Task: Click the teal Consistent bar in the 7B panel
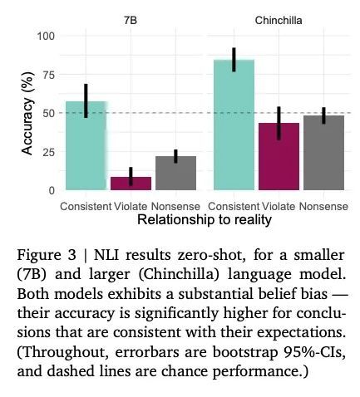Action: tap(86, 145)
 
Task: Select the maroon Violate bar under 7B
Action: tap(131, 184)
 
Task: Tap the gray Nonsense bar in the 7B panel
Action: tap(175, 173)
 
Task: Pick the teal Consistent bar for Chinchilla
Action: tap(234, 125)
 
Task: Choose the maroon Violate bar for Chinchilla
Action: tap(279, 156)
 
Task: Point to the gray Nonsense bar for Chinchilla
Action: tap(323, 153)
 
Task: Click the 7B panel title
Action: tap(131, 21)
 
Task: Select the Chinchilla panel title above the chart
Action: tap(279, 21)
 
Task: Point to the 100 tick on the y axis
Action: tap(46, 36)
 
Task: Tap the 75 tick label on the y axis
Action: tap(49, 75)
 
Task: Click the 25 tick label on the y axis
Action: tap(49, 152)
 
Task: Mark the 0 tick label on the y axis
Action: tap(52, 190)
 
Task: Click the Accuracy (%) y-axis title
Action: tap(27, 113)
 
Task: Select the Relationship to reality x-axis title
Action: tap(205, 220)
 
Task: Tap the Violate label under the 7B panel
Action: tap(131, 207)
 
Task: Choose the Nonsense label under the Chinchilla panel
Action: tap(323, 207)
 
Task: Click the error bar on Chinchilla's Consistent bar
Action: tap(234, 60)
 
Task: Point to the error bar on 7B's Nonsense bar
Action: tap(175, 156)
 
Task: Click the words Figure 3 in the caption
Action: tap(47, 255)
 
